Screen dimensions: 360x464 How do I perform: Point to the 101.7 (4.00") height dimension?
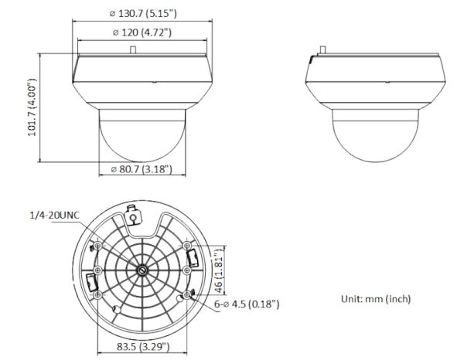coord(32,107)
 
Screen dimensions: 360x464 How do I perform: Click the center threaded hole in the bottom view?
coord(144,270)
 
